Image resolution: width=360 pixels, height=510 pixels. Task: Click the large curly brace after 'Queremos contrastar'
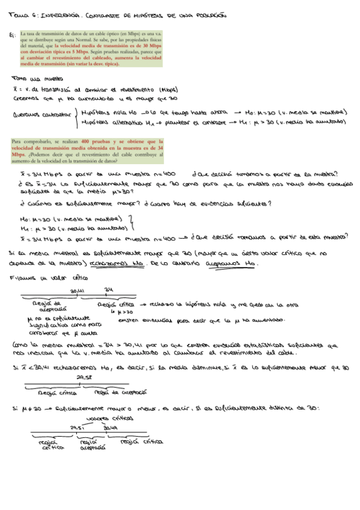click(76, 117)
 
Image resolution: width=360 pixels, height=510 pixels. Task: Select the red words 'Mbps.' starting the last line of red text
click(18, 153)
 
